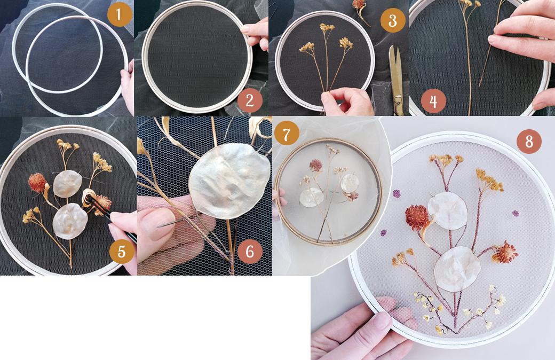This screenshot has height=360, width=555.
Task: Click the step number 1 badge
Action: point(120,14)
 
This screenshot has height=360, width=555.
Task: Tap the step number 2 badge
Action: point(250,100)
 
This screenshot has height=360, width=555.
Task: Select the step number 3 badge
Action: point(393,20)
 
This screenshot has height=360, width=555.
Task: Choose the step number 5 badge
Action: point(122,251)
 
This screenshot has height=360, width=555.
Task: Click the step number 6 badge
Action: point(250,251)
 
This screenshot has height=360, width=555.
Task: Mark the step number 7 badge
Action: point(287,134)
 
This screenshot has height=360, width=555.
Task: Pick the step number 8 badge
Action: point(529,142)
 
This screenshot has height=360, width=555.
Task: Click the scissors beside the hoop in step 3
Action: point(397,80)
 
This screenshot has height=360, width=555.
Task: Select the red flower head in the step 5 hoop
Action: point(37,183)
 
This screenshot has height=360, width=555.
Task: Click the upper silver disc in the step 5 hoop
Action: point(67,184)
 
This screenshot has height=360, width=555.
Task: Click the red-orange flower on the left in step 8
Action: point(417,217)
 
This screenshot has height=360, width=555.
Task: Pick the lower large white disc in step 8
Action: point(457,269)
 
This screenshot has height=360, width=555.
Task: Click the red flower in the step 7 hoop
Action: point(315,165)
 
